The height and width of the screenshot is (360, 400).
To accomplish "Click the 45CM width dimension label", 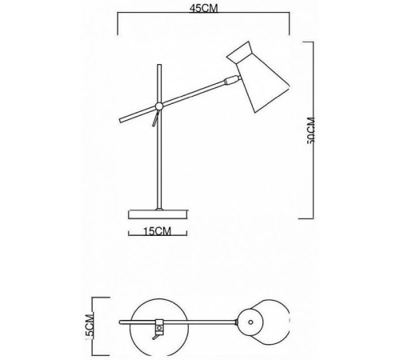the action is pyautogui.click(x=204, y=9).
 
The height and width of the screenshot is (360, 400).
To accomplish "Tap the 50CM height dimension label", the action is pyautogui.click(x=311, y=130).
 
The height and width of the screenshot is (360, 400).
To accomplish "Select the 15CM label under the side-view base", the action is pyautogui.click(x=158, y=231).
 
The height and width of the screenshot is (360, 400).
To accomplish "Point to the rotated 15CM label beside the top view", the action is pyautogui.click(x=90, y=327).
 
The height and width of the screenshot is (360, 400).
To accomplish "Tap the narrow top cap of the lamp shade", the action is pyautogui.click(x=239, y=53).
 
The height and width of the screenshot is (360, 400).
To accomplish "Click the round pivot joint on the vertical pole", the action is pyautogui.click(x=159, y=106).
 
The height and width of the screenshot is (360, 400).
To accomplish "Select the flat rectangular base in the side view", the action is pyautogui.click(x=158, y=214).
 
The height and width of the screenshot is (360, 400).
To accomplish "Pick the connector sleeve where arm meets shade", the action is pyautogui.click(x=231, y=80).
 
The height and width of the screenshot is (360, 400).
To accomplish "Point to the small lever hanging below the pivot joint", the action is pyautogui.click(x=155, y=118).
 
